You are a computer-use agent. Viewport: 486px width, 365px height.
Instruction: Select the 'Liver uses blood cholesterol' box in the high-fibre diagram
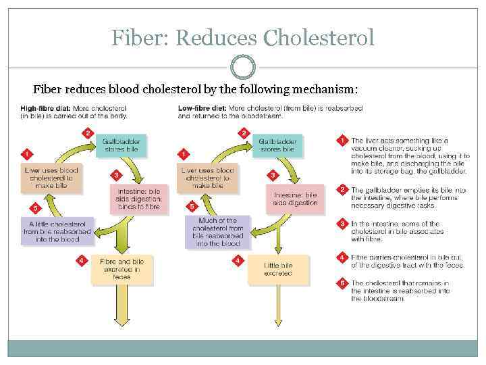click(51, 178)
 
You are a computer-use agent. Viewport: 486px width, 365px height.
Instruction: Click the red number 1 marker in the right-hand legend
click(342, 141)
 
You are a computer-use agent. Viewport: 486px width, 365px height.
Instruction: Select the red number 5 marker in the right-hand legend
click(342, 283)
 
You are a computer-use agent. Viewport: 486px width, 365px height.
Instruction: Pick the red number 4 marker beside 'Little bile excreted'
click(237, 260)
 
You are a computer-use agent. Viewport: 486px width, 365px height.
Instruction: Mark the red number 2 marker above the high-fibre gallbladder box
click(86, 132)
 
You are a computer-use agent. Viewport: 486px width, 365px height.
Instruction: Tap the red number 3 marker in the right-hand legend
click(342, 224)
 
